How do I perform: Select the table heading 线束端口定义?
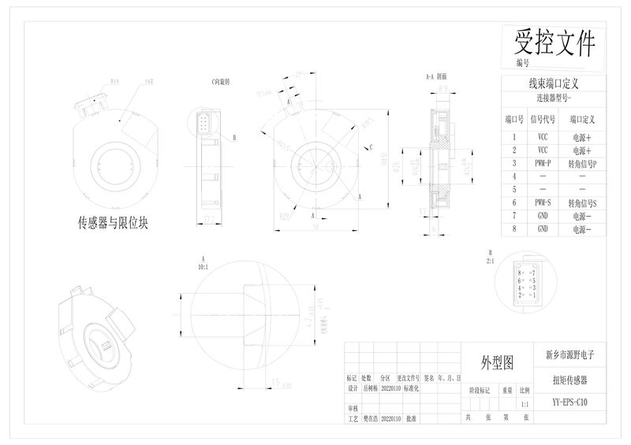point(554,83)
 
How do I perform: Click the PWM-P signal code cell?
point(543,163)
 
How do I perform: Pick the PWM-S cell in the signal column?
point(543,203)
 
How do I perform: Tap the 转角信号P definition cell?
point(582,163)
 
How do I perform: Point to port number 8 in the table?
point(514,228)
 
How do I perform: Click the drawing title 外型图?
point(498,362)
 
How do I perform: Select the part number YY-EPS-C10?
point(569,403)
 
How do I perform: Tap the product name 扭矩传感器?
point(570,380)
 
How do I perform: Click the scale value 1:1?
point(525,404)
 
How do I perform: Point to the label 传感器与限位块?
point(114,223)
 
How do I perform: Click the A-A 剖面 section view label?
point(436,77)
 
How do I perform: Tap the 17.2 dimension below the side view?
point(209,218)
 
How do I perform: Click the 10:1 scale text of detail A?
point(203,267)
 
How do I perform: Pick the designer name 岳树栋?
point(370,388)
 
